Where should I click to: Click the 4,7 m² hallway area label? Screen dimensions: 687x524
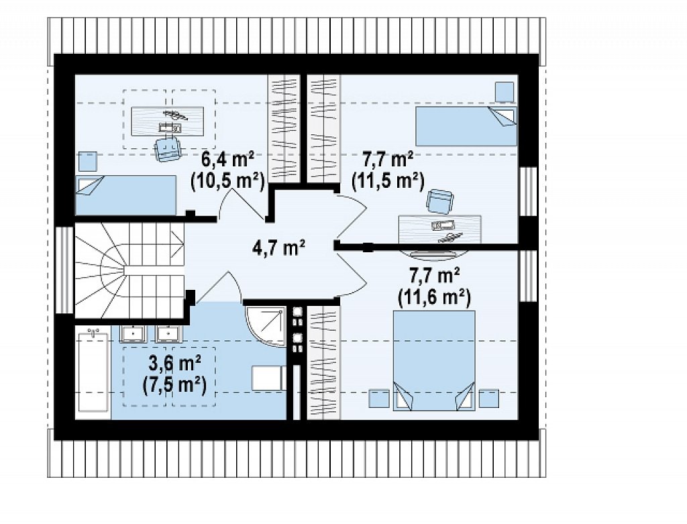pyautogui.click(x=278, y=248)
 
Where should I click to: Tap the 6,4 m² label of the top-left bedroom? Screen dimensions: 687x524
pyautogui.click(x=228, y=160)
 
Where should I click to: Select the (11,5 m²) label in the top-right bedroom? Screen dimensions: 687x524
pyautogui.click(x=388, y=180)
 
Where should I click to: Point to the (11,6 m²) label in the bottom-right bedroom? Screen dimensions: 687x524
pyautogui.click(x=434, y=297)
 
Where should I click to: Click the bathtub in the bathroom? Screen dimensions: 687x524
pyautogui.click(x=93, y=372)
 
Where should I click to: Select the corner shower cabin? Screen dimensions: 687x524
pyautogui.click(x=266, y=326)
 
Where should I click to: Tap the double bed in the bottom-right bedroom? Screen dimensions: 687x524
pyautogui.click(x=434, y=360)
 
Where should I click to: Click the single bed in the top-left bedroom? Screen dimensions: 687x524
pyautogui.click(x=126, y=195)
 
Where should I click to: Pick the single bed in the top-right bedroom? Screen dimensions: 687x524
pyautogui.click(x=466, y=126)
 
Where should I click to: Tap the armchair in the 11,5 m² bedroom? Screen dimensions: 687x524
pyautogui.click(x=440, y=201)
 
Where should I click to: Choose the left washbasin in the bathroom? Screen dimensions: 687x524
pyautogui.click(x=134, y=333)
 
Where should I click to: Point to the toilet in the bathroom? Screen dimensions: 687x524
pyautogui.click(x=268, y=378)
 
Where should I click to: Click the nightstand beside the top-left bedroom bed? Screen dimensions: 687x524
pyautogui.click(x=88, y=161)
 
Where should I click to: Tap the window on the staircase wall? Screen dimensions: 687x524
pyautogui.click(x=65, y=270)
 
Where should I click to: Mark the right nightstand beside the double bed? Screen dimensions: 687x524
pyautogui.click(x=488, y=399)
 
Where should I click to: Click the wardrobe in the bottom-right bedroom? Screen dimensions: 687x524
pyautogui.click(x=323, y=362)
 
